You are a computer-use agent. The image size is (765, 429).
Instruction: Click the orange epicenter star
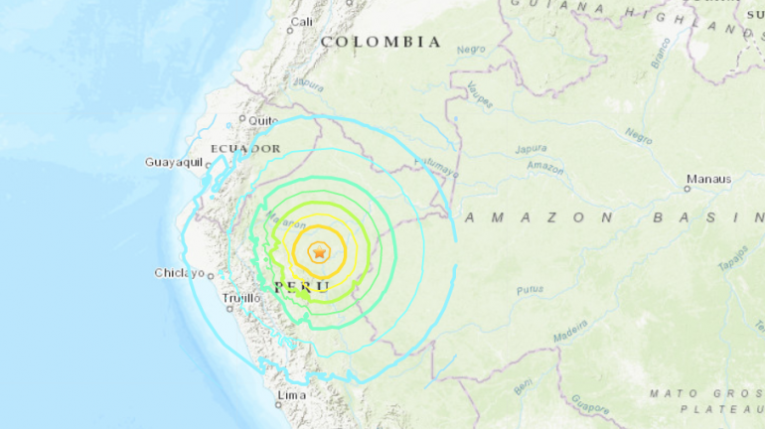(x=319, y=253)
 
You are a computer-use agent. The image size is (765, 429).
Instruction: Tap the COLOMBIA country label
(x=381, y=42)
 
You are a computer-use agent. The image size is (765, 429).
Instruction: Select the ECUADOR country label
(x=245, y=148)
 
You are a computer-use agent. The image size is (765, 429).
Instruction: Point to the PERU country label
(x=302, y=286)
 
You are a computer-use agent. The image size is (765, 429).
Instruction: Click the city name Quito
(x=263, y=120)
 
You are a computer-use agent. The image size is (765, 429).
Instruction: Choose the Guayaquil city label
(x=174, y=162)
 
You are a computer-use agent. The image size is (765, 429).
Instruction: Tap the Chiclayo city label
(x=179, y=273)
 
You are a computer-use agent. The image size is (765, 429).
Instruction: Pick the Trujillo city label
(x=242, y=298)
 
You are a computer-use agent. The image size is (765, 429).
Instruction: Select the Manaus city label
(x=708, y=180)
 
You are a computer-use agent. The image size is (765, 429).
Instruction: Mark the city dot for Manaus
(x=688, y=188)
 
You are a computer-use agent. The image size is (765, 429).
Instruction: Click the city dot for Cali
(x=290, y=30)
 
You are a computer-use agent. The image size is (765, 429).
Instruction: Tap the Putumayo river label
(x=437, y=166)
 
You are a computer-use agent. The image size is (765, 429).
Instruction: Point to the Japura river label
(x=533, y=150)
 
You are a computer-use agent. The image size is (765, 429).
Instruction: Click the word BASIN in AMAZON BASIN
(x=707, y=216)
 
